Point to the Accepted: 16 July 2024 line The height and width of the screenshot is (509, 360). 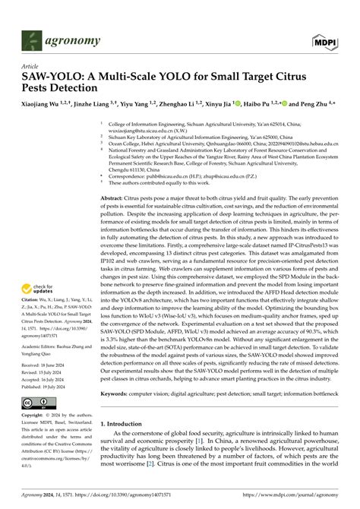tap(47, 381)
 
